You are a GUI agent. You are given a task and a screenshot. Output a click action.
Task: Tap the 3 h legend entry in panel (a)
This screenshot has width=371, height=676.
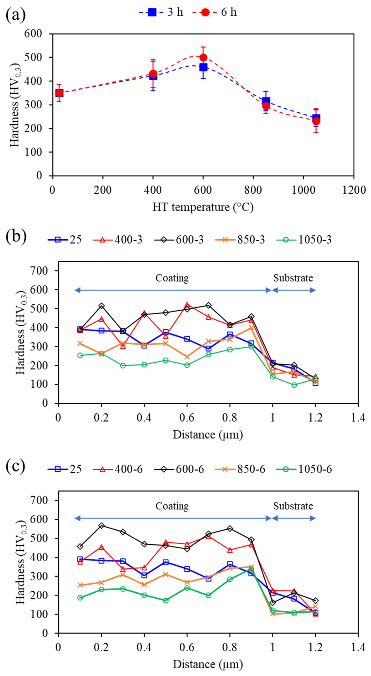(161, 12)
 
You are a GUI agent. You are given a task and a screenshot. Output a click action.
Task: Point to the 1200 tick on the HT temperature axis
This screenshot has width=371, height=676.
(354, 190)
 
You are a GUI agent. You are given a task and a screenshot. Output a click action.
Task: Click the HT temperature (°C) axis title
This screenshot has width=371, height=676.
(203, 207)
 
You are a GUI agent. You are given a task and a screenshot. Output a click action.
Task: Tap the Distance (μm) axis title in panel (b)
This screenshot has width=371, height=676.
(208, 435)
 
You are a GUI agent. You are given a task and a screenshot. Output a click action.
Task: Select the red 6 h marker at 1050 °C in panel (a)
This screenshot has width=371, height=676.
(316, 121)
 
